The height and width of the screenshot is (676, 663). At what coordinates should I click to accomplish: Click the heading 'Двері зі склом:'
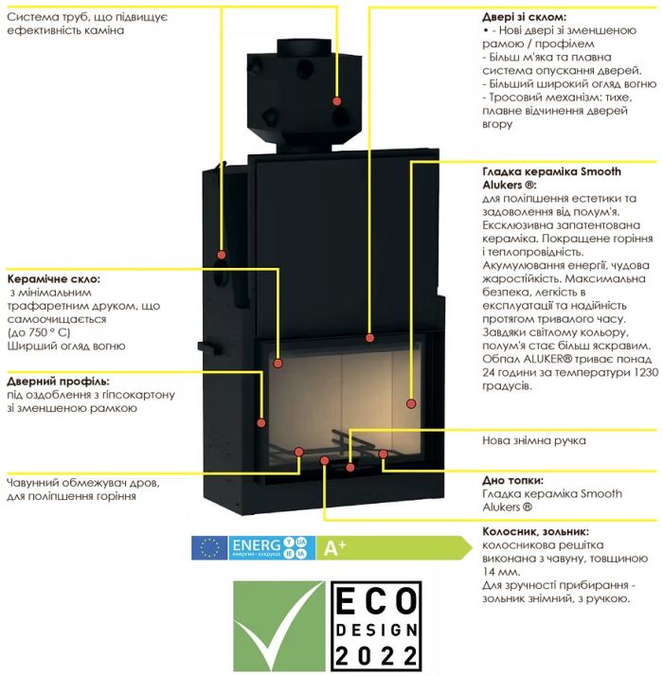pos(524,17)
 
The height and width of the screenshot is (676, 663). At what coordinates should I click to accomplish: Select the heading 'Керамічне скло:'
pos(53,279)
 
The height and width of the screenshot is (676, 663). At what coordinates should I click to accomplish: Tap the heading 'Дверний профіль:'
pos(58,382)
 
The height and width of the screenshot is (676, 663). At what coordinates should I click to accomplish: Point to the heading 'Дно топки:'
pos(512,480)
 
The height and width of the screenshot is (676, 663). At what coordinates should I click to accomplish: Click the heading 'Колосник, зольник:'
pos(535,531)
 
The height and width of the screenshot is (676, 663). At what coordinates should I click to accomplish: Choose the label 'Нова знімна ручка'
pos(534,440)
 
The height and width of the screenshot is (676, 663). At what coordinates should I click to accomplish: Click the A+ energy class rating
pos(334,547)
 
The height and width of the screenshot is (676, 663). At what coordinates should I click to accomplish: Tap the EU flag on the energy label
pos(209,548)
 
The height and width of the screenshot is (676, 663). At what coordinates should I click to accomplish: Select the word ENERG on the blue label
pos(257,545)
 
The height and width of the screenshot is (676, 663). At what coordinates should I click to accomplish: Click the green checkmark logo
pos(279,626)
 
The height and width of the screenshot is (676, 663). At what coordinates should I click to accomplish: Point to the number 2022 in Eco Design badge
pos(376,655)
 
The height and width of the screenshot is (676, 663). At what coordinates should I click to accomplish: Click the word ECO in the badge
pos(376,601)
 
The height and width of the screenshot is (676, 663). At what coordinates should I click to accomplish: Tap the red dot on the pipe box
pos(337,101)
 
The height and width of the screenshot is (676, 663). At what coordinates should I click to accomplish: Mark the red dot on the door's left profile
pos(261,423)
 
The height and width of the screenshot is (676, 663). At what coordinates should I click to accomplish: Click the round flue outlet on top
pos(304,44)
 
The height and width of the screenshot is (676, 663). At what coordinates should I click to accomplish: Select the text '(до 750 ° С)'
pos(39,332)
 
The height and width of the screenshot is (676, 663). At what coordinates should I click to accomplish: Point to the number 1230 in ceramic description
pos(647,372)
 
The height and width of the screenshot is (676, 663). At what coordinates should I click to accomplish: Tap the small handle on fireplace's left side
pos(209,347)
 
